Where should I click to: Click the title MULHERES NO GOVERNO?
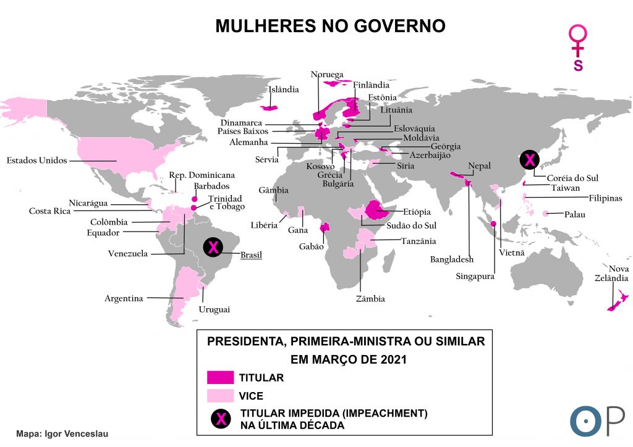click(330, 26)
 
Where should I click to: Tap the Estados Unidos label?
click(36, 161)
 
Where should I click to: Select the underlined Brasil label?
click(251, 254)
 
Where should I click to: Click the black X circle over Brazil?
click(213, 248)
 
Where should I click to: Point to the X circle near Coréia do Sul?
click(529, 160)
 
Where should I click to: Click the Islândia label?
click(284, 90)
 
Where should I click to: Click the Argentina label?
click(124, 298)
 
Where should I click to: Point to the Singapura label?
click(475, 277)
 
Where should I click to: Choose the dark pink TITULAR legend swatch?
click(220, 377)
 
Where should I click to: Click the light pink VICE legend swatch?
click(220, 395)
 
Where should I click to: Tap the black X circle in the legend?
click(219, 418)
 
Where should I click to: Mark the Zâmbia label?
click(370, 299)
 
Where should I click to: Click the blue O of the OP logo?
click(582, 420)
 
